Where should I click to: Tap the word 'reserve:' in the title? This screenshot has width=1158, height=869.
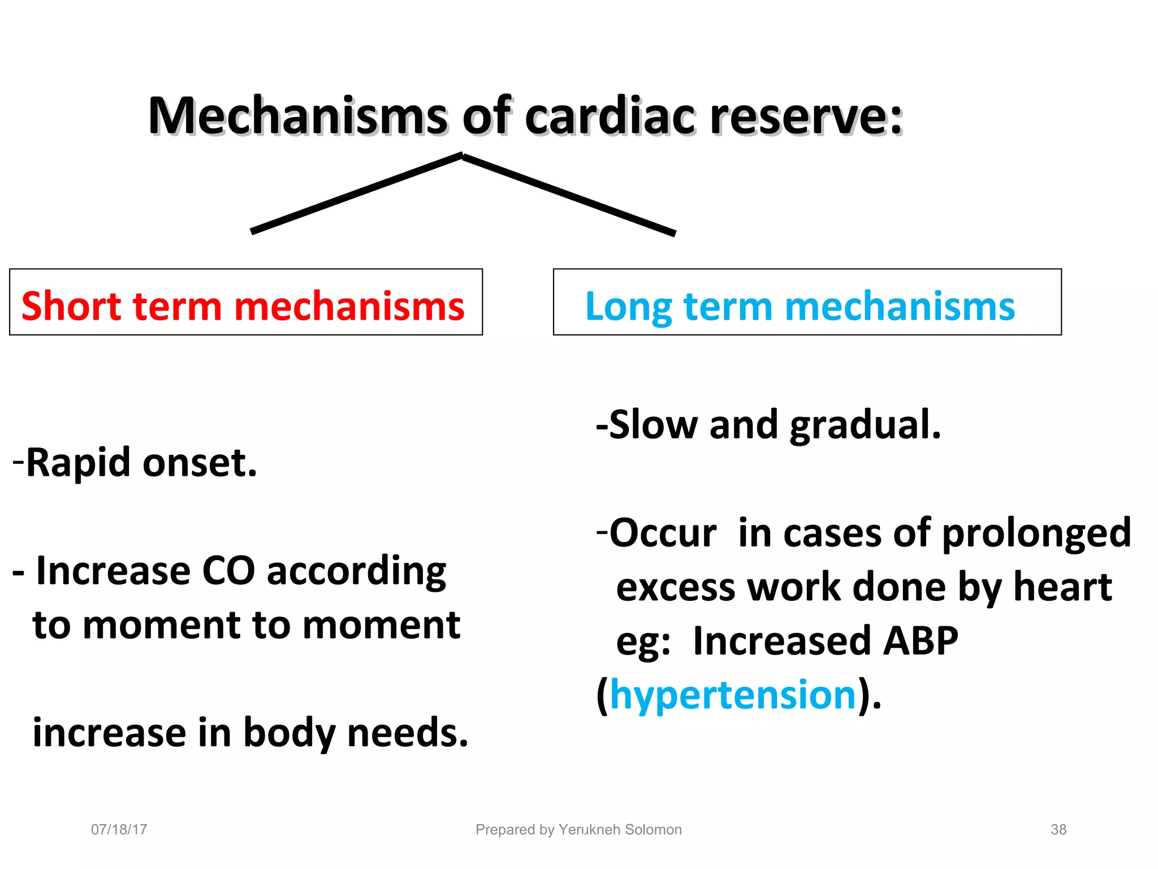coord(806,117)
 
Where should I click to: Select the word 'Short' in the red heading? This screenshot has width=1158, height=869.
coord(71,306)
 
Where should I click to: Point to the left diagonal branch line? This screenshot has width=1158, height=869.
coord(356,193)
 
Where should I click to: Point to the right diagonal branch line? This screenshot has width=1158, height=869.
coord(569,194)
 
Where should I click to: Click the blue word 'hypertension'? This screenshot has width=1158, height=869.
coord(733,695)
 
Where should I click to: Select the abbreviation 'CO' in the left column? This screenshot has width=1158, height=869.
coord(228,571)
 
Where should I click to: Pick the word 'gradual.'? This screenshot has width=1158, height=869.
coord(865,425)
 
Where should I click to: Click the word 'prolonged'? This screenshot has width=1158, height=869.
coord(1036,534)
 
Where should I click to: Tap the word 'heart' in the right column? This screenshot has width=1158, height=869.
coord(1062,587)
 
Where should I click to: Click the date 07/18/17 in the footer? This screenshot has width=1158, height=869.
coord(119,829)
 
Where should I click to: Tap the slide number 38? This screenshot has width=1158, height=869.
coord(1058,829)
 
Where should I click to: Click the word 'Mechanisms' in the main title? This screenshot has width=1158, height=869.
coord(297,117)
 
